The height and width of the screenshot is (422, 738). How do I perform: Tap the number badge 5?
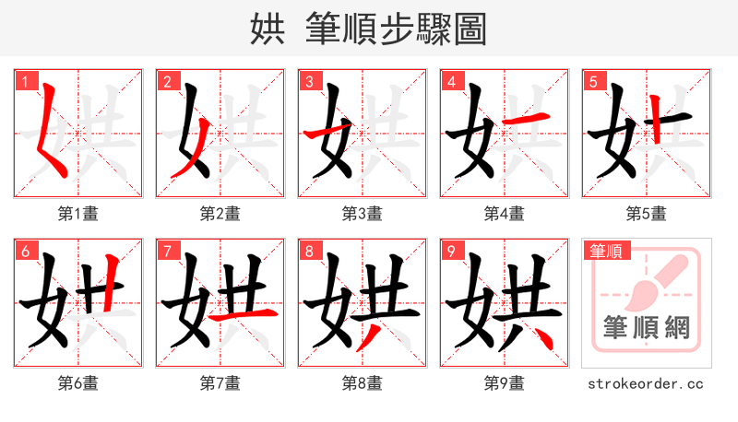tap(594, 81)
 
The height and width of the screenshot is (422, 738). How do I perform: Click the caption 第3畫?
tap(362, 214)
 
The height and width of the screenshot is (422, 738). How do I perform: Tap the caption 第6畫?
tap(77, 383)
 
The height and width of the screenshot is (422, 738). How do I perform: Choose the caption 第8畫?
tap(362, 383)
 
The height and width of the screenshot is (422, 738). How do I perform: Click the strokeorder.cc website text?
tap(646, 383)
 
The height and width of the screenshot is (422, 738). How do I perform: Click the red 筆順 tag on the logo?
tap(605, 251)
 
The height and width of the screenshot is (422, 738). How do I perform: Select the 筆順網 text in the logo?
tap(646, 327)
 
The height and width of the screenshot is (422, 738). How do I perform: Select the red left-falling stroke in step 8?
tap(368, 337)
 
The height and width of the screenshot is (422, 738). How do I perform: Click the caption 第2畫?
tap(220, 214)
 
